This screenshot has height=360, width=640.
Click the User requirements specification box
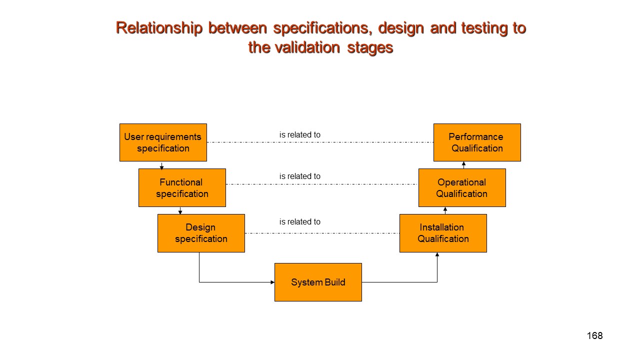pos(163,142)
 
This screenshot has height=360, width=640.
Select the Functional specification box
pos(182,187)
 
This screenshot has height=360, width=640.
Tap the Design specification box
pos(201,233)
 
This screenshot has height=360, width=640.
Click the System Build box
pos(318,282)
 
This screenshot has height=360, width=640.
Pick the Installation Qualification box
pos(443,233)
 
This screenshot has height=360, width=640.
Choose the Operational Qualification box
pos(462,187)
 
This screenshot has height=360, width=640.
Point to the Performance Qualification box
pos(477,142)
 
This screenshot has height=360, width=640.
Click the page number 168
pos(594,335)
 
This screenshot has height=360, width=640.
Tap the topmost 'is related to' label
pos(299,135)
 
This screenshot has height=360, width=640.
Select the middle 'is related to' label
pos(299,176)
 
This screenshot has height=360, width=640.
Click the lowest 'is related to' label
pos(299,222)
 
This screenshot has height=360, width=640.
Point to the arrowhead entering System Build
pos(272,282)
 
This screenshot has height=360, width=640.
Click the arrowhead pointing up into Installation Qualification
pos(437,254)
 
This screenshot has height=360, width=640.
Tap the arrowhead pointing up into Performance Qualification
pos(464,163)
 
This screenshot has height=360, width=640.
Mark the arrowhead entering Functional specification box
pos(161,168)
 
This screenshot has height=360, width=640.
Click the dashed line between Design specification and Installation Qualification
pos(322,233)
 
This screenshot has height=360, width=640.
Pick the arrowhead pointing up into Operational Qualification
pos(445,209)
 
